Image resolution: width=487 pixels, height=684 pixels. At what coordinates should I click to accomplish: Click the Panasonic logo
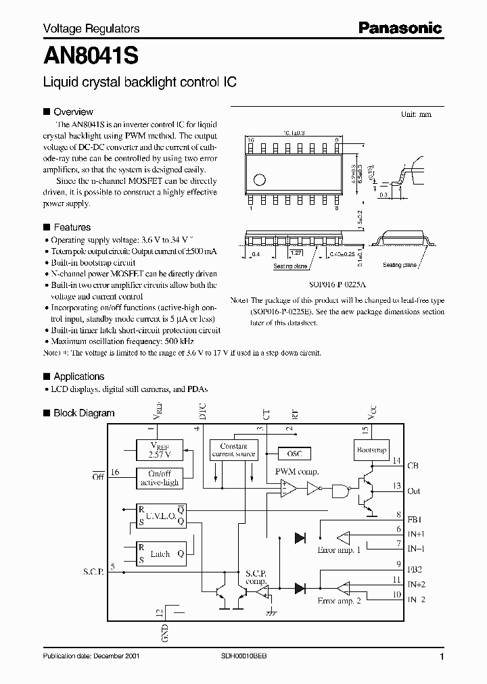[x=400, y=28]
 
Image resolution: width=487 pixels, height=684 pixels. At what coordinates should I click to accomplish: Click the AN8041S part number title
[x=91, y=55]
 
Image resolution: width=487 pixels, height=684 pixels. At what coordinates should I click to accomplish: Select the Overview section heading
[x=73, y=112]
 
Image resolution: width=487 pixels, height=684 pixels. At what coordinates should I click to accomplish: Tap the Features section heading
[x=72, y=228]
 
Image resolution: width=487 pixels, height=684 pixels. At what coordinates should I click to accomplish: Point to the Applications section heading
[x=78, y=376]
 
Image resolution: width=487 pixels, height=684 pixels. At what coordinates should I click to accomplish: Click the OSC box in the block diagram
[x=294, y=455]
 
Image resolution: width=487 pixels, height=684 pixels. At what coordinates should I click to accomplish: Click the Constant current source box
[x=234, y=450]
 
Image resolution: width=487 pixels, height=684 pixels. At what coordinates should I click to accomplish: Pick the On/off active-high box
[x=158, y=478]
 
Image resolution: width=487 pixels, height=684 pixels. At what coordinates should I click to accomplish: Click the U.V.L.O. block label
[x=162, y=515]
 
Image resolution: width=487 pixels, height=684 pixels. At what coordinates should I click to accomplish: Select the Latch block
[x=160, y=554]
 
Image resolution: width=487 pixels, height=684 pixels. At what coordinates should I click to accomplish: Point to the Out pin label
[x=413, y=491]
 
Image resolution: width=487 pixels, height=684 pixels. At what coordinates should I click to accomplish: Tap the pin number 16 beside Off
[x=115, y=472]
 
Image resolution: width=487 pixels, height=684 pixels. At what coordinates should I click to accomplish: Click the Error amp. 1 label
[x=339, y=550]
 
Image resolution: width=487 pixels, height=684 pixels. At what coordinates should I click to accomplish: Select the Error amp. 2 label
[x=339, y=601]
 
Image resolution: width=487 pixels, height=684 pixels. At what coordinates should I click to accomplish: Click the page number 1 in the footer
[x=442, y=657]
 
